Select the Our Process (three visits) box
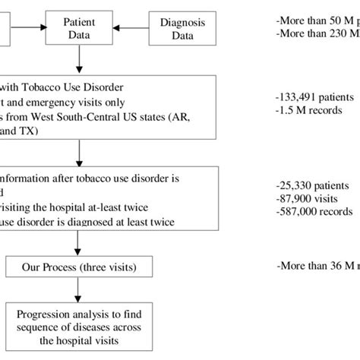[77, 267]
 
